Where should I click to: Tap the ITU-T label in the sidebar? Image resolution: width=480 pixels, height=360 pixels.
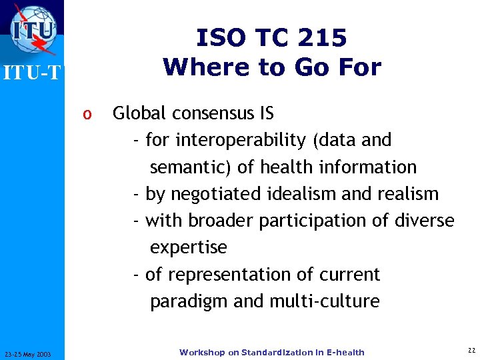click(31, 73)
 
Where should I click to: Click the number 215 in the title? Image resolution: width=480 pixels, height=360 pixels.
click(323, 39)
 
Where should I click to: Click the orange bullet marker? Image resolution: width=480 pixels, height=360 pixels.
click(86, 114)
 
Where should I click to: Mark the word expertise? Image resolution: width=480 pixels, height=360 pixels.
click(189, 248)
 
